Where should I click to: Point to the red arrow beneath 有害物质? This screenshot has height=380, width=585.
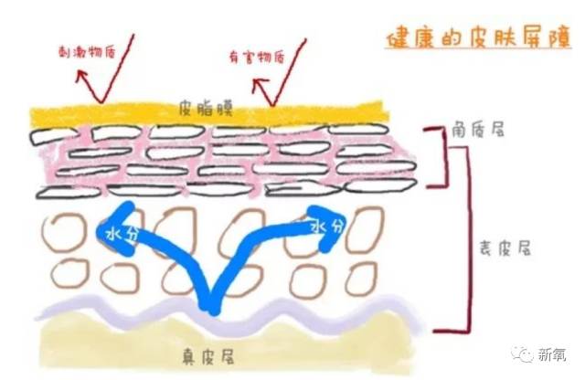pyautogui.click(x=266, y=90)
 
